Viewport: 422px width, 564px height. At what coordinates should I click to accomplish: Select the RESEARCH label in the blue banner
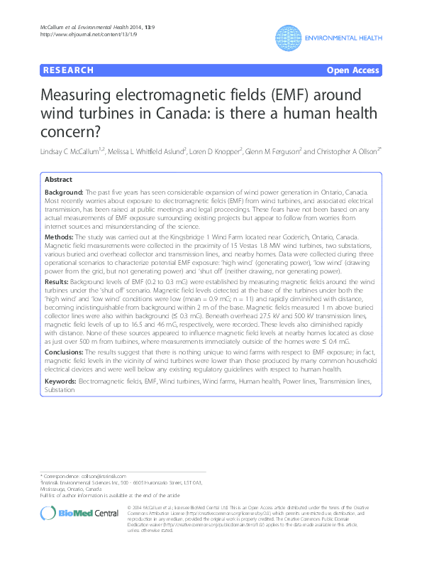click(68, 70)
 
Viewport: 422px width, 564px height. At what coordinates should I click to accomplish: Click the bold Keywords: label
click(60, 382)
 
